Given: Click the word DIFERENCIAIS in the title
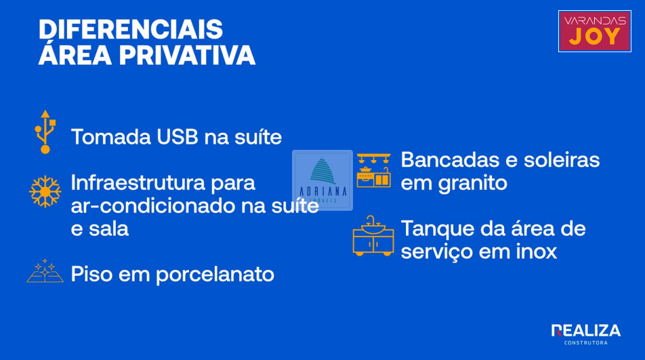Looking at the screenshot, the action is (131, 29).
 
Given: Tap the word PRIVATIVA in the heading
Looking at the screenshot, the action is (187, 55).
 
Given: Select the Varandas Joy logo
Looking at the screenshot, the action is (594, 31).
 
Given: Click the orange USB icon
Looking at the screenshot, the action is (45, 132).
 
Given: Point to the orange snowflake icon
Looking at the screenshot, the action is (45, 192).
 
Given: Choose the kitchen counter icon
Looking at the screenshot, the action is (373, 171).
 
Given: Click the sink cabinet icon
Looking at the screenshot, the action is (373, 236).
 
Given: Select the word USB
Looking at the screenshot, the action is (178, 137).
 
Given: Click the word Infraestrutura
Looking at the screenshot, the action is (138, 182).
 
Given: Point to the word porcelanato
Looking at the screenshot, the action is (215, 275).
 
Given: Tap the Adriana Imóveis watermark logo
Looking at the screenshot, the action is (322, 180).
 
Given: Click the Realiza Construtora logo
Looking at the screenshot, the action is (586, 334).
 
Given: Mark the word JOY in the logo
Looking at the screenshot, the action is (594, 37).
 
